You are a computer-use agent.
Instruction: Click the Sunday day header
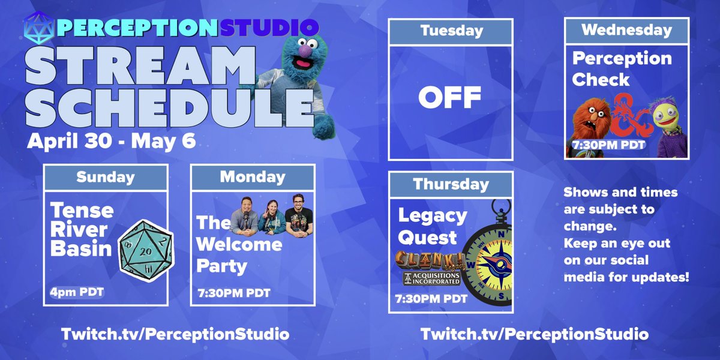106,177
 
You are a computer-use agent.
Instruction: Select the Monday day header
252,177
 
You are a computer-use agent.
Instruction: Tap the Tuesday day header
451,31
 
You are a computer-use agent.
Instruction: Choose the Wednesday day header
626,30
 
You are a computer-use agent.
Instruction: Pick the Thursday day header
451,184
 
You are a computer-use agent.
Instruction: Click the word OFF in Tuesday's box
450,97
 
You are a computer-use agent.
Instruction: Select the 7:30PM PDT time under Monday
234,293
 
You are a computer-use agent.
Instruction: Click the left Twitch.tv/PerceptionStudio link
175,334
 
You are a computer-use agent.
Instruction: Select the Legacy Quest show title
432,226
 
